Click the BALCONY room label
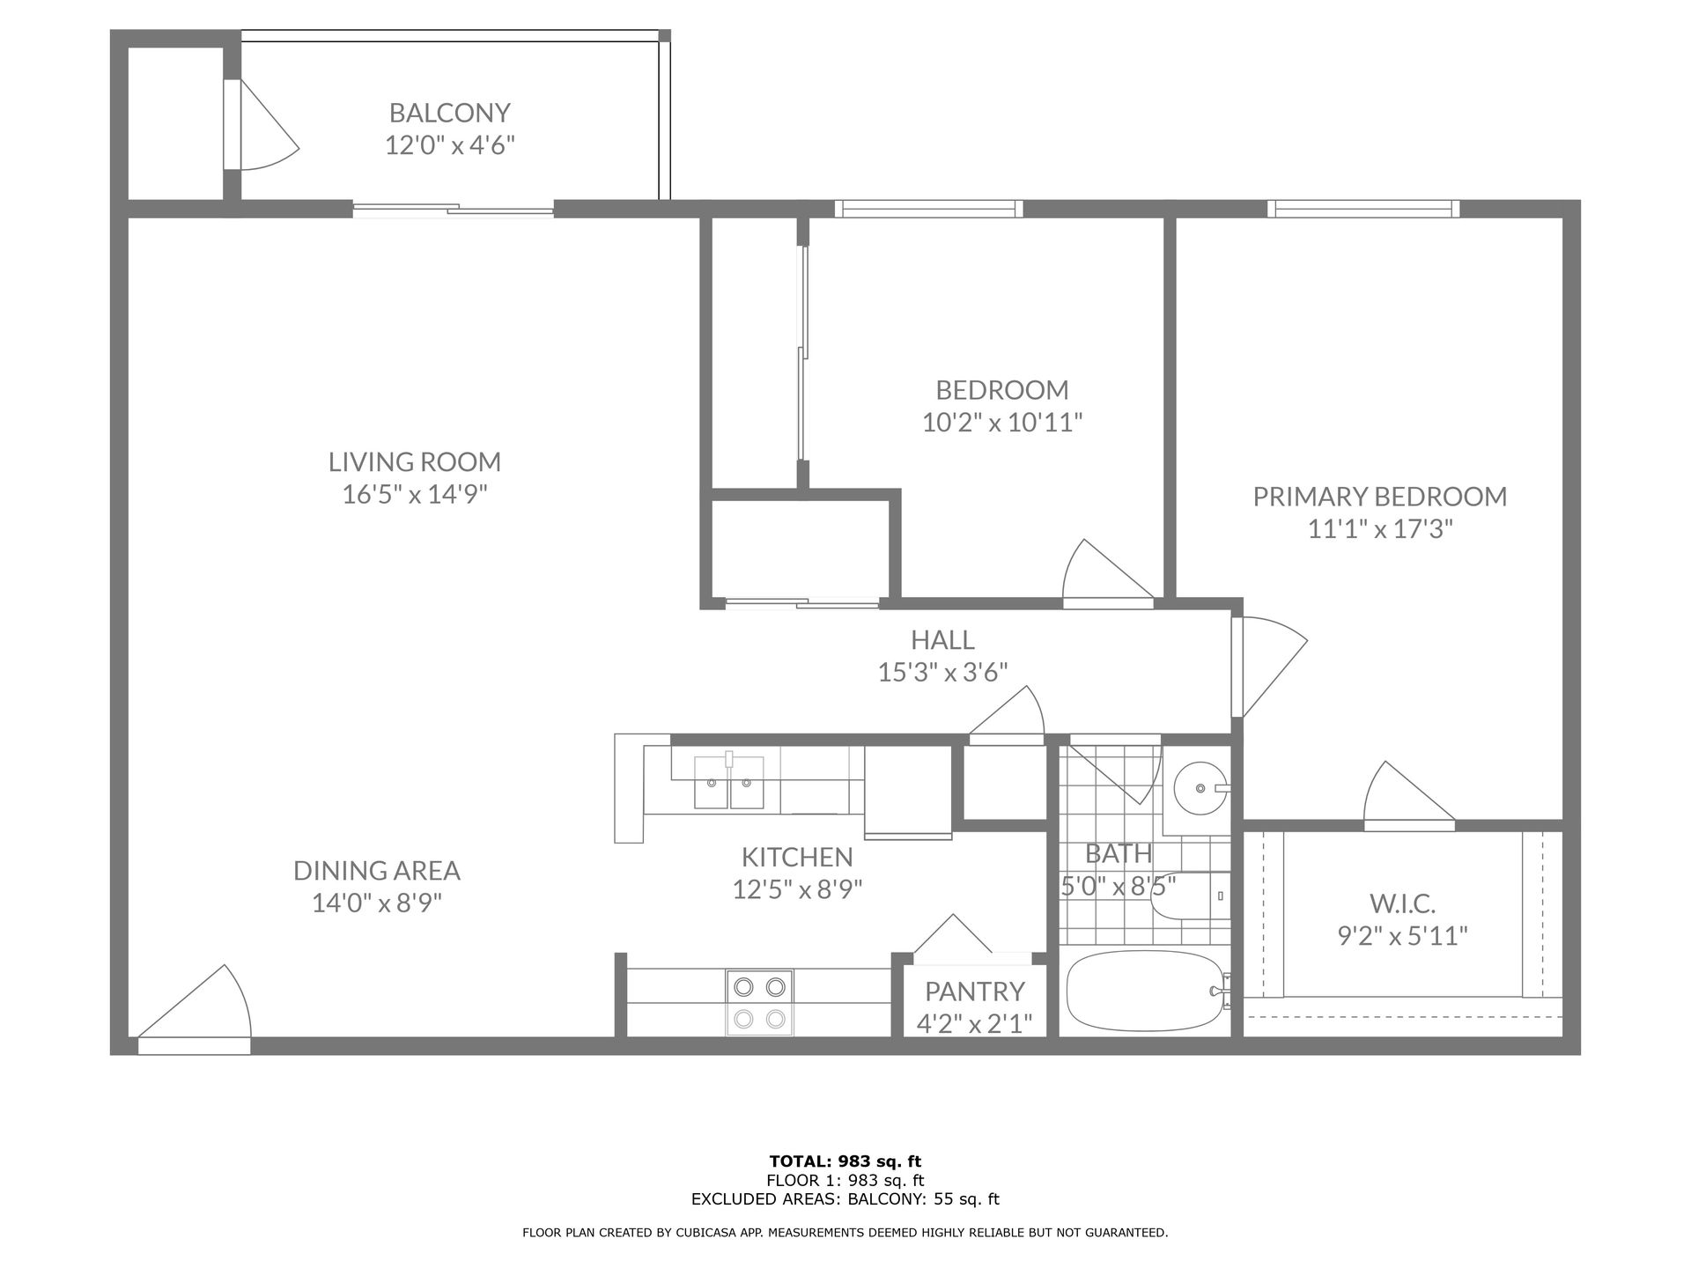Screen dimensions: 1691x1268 pos(450,113)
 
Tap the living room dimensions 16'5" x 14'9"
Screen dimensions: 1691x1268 pos(415,494)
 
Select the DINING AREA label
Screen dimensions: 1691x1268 pos(377,871)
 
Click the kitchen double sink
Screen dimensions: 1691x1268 pos(729,781)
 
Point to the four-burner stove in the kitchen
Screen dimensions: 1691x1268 pos(759,1002)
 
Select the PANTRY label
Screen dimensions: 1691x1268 pos(975,992)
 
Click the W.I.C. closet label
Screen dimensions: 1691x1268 pos(1403,903)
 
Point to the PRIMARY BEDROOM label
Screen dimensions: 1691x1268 pos(1380,497)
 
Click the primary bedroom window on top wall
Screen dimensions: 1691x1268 pos(1363,209)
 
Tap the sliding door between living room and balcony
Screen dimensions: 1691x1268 pos(454,210)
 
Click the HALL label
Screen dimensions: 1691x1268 pos(942,640)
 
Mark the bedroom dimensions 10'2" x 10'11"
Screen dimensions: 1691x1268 pos(1002,424)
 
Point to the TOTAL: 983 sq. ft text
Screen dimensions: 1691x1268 pos(845,1161)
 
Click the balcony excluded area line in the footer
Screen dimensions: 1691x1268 pos(845,1199)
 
